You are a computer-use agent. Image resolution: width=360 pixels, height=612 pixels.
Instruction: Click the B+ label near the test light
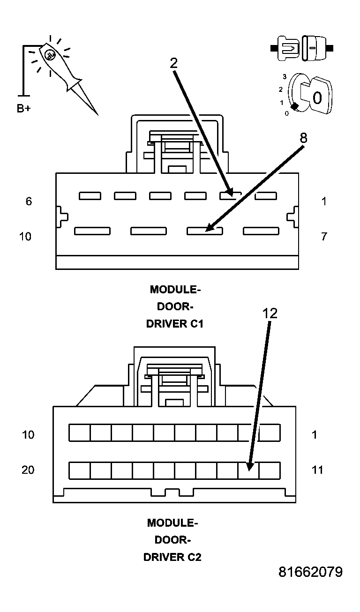tap(24, 109)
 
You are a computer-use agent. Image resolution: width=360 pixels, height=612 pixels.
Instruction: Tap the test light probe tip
tap(97, 114)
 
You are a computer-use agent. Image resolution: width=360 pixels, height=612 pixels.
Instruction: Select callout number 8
tap(304, 138)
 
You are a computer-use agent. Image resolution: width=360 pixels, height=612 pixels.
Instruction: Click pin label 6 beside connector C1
tap(29, 202)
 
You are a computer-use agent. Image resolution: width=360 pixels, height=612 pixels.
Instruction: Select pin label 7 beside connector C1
tap(324, 236)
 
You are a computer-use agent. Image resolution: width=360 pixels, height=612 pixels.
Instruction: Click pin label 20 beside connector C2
tap(28, 470)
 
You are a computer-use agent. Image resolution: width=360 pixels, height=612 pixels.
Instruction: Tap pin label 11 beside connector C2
tap(317, 470)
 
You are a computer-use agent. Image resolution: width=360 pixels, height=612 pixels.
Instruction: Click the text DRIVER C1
tap(175, 324)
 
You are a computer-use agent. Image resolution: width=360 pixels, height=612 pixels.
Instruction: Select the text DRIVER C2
tap(172, 557)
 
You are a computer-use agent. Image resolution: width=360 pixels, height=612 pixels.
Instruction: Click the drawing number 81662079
tap(310, 572)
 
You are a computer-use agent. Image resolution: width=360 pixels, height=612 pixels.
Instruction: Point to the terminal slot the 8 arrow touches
tap(205, 231)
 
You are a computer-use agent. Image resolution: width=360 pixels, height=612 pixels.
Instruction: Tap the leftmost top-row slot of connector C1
tap(90, 196)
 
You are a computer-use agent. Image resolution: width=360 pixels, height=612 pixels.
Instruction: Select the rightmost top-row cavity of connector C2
tap(270, 433)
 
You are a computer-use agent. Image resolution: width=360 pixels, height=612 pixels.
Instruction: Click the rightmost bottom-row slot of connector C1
tap(261, 231)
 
